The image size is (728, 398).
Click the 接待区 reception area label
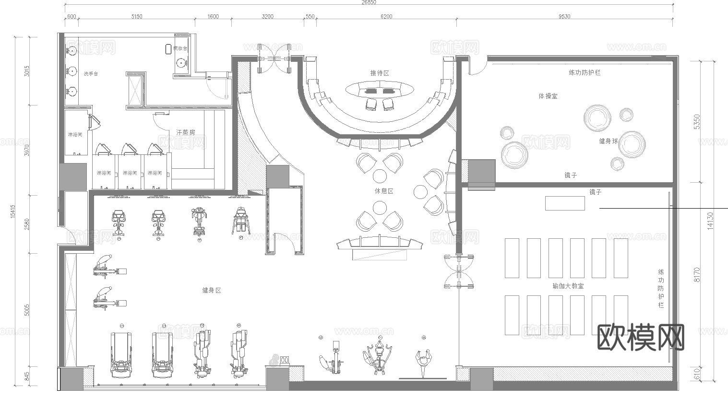(x=379, y=73)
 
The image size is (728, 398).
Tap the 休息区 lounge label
(x=384, y=191)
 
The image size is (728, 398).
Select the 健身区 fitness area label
(x=212, y=290)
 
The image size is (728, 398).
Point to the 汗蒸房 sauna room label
(x=186, y=132)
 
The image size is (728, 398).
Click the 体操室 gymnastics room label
(x=548, y=96)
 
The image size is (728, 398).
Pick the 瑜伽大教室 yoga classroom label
(x=568, y=286)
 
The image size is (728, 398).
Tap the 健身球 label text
(x=609, y=141)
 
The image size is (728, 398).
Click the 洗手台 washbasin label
(x=91, y=74)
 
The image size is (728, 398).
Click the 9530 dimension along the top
(x=564, y=17)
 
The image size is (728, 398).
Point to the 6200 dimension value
(x=386, y=17)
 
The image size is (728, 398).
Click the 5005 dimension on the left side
(x=27, y=309)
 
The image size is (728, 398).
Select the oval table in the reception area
(x=379, y=90)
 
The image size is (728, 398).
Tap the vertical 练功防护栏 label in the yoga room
(x=661, y=288)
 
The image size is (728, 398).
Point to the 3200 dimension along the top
(x=267, y=17)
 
